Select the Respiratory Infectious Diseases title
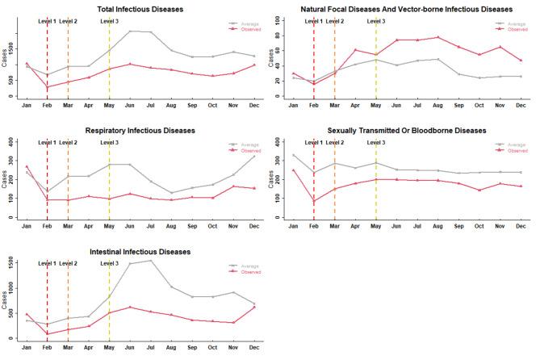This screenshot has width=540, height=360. [140, 130]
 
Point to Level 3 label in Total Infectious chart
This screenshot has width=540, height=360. [109, 22]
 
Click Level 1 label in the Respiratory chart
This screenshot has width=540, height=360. [48, 143]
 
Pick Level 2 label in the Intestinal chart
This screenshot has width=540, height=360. [69, 264]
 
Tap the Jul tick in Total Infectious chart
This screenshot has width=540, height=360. [151, 105]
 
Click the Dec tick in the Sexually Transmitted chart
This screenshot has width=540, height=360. [521, 226]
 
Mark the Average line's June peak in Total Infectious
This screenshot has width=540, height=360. [130, 31]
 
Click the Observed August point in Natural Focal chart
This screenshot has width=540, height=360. [438, 37]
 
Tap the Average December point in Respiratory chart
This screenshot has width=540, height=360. [254, 156]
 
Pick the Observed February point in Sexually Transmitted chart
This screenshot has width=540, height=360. [314, 202]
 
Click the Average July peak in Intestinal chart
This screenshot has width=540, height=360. [151, 261]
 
